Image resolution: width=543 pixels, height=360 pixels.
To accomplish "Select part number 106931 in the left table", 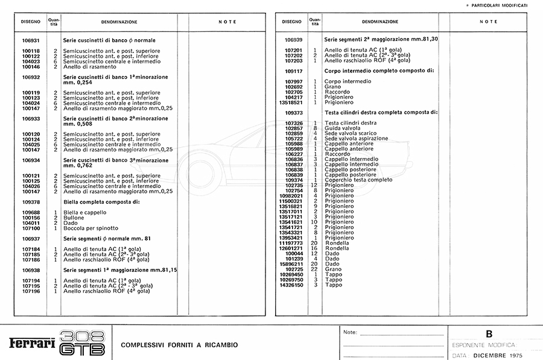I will click(x=31, y=40).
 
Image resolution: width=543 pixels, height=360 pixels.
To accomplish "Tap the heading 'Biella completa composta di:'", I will click(x=101, y=202).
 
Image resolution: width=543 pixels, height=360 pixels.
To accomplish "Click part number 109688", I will click(x=31, y=212).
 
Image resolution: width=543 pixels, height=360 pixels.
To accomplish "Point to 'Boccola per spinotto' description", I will click(x=91, y=229).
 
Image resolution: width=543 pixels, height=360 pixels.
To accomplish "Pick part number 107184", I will click(x=31, y=249).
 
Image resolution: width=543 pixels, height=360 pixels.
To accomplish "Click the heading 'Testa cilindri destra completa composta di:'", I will click(x=381, y=113).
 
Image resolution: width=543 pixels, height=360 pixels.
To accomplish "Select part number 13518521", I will click(x=291, y=103).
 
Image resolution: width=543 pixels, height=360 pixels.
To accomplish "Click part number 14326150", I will click(x=291, y=285).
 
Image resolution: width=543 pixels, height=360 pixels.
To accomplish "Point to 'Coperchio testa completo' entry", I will click(x=358, y=180).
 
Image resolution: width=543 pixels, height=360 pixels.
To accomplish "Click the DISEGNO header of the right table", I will click(x=291, y=22).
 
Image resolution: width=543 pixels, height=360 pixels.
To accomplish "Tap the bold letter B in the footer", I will click(x=489, y=334).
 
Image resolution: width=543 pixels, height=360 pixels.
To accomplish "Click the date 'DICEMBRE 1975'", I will click(x=498, y=355).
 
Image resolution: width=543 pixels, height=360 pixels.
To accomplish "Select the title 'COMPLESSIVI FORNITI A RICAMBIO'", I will click(x=180, y=345).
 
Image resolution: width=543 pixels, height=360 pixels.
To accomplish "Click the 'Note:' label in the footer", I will click(x=350, y=333).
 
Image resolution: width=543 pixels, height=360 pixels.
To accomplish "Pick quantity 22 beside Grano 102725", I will click(x=314, y=270).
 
